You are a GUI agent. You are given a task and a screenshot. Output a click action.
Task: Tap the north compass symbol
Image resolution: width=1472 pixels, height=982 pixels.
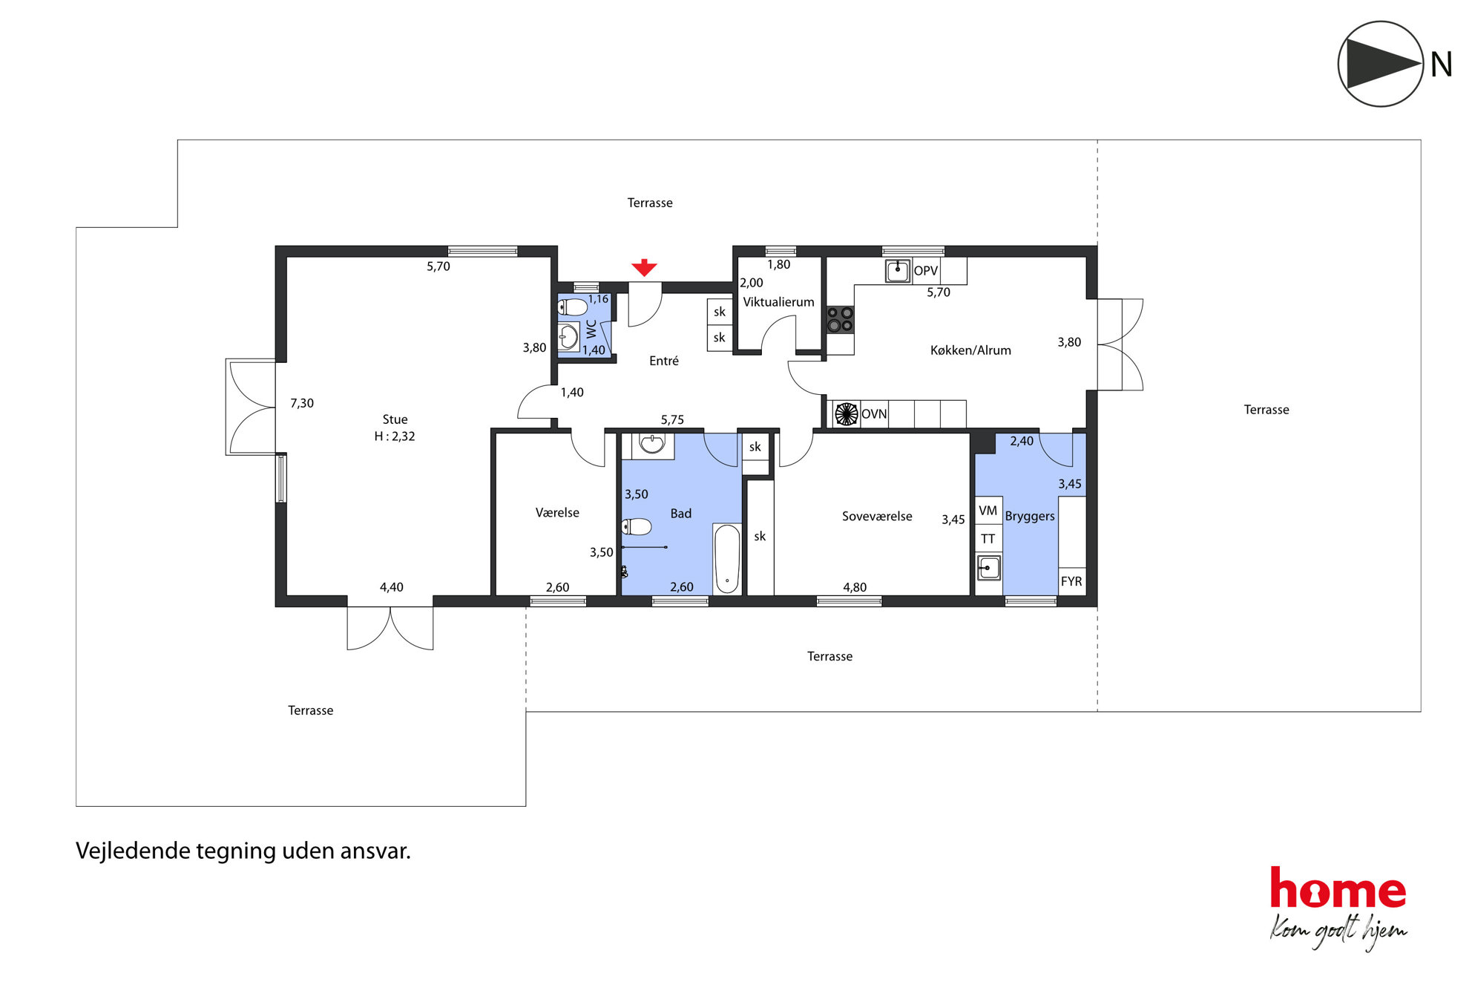1380,64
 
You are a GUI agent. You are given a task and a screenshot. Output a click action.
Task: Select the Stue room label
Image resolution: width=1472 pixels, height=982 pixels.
395,419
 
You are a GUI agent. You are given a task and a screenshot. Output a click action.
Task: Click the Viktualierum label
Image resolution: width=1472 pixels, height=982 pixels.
778,302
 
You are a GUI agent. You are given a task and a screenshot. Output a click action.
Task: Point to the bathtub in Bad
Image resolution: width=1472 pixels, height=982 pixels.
727,559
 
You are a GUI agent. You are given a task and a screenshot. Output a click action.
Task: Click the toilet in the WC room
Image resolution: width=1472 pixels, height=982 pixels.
573,307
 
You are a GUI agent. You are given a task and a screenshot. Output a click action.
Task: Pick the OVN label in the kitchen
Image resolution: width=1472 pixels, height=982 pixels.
874,414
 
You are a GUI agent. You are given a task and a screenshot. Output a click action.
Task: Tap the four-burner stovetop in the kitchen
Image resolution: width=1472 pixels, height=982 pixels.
840,320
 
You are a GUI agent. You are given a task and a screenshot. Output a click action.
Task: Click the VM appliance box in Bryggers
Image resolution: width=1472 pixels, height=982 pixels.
988,510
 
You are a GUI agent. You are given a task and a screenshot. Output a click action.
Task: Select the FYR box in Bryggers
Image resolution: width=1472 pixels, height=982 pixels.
1071,581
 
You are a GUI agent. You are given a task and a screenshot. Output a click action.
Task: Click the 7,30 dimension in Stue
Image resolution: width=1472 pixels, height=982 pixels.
302,403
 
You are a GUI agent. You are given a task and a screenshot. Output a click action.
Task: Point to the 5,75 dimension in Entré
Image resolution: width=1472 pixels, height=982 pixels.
672,420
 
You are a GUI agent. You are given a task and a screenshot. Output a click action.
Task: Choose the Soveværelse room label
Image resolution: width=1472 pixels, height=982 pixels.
877,516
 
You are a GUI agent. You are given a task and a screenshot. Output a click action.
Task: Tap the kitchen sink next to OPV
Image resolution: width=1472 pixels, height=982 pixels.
898,271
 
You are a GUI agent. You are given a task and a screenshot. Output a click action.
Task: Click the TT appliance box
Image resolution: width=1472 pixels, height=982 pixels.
988,539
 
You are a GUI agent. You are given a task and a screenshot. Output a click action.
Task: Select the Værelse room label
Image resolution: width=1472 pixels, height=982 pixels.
557,513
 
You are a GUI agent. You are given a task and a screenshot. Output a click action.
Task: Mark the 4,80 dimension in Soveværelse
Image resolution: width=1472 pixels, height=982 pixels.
855,587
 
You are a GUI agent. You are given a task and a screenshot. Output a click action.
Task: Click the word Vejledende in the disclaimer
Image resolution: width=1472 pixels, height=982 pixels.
133,851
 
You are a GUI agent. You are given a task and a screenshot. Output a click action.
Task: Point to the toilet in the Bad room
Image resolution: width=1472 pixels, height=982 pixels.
637,527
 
